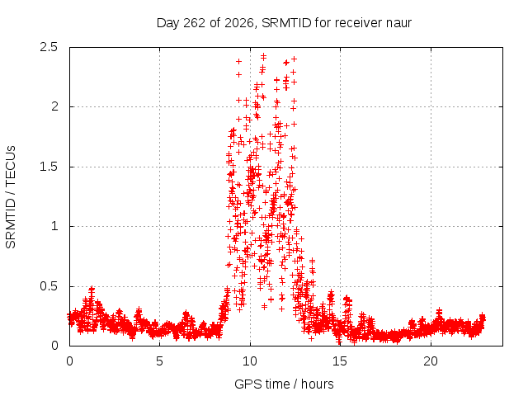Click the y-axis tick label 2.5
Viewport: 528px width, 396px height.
click(x=49, y=47)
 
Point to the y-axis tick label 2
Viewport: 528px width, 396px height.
click(x=54, y=106)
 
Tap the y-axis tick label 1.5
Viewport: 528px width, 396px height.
click(x=49, y=167)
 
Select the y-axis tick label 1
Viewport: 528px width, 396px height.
click(x=55, y=226)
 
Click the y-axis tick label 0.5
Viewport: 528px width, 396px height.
click(x=49, y=286)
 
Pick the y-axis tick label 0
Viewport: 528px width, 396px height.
click(x=54, y=346)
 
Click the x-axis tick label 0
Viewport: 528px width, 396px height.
click(x=69, y=361)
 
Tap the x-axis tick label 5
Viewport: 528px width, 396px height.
click(x=159, y=361)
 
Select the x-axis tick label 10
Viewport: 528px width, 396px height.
click(x=250, y=361)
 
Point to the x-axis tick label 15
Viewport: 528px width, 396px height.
click(x=340, y=361)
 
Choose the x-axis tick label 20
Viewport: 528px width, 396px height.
click(x=431, y=361)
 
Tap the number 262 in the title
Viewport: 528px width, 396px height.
click(x=194, y=23)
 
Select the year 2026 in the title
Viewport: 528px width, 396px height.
click(x=238, y=23)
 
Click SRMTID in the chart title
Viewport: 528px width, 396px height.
click(x=286, y=23)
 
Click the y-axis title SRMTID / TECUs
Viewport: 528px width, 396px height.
click(x=11, y=197)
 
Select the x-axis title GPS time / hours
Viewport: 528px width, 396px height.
click(x=284, y=384)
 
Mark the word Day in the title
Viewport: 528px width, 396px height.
click(x=168, y=23)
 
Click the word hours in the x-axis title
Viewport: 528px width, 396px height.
click(x=317, y=384)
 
